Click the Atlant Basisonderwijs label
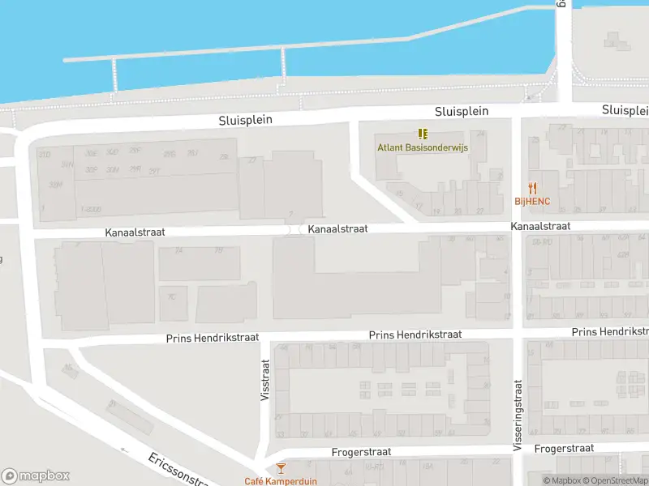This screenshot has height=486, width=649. [421, 147]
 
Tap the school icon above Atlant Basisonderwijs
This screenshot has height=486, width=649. [422, 134]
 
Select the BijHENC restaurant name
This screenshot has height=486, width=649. [532, 201]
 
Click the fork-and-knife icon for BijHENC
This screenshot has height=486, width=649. [532, 188]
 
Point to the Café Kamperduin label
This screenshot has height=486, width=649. [279, 481]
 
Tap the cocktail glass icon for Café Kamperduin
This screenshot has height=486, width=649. [280, 468]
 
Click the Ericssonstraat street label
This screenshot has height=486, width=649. [178, 470]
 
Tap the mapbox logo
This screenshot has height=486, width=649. [36, 476]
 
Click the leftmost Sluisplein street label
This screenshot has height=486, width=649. [245, 120]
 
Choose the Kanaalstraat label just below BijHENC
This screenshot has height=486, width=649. [540, 227]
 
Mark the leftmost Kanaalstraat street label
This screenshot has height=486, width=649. [135, 232]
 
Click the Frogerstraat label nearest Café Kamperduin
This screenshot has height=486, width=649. [362, 452]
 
